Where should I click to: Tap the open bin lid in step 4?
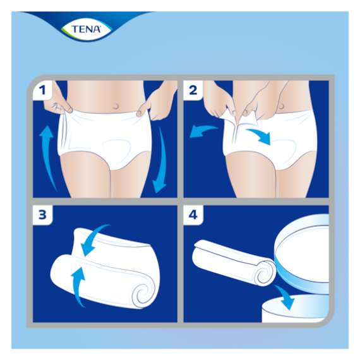pos(303,246)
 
